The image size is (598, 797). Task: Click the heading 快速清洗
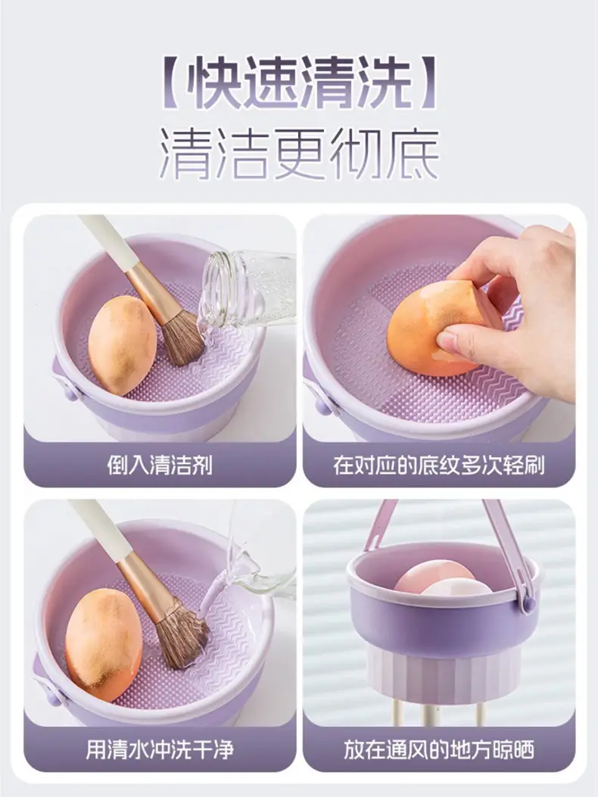click(x=300, y=82)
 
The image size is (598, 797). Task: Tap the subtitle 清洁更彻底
click(x=300, y=154)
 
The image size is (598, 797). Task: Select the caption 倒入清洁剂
click(x=160, y=465)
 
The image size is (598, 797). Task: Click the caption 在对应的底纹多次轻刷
click(x=439, y=465)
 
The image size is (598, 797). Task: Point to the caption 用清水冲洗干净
click(x=160, y=749)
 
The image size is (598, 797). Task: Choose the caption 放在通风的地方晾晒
click(x=439, y=749)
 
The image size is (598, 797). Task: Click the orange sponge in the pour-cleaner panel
click(x=122, y=344)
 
